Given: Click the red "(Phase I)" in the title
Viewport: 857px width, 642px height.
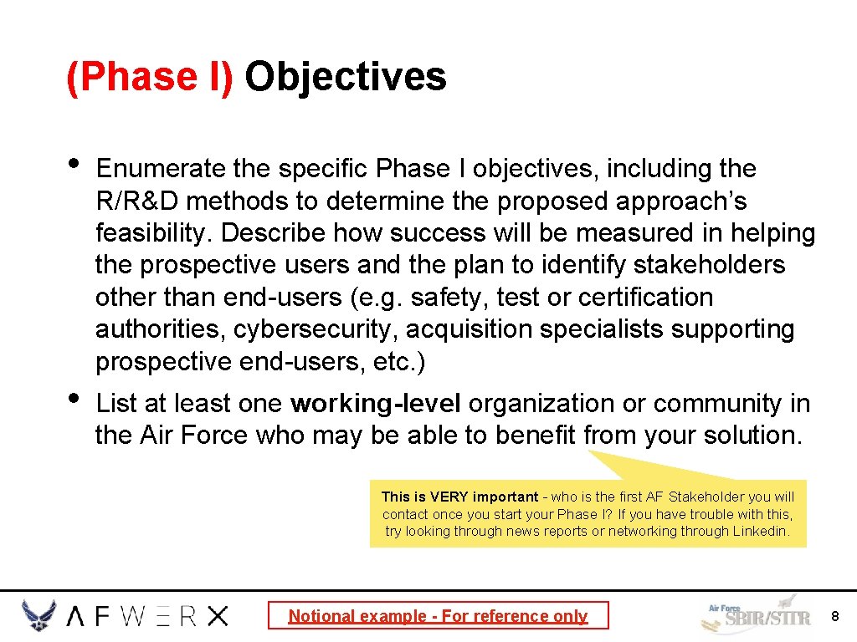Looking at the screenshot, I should click(150, 77).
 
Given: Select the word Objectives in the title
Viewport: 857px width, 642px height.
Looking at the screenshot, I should click(346, 77).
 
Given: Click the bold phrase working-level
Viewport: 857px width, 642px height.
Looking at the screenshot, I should click(375, 404).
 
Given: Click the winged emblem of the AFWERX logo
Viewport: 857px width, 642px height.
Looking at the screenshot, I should click(39, 616).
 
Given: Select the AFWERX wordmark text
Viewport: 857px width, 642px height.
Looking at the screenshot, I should click(147, 617).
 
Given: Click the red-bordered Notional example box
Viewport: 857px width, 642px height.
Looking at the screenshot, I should click(438, 616).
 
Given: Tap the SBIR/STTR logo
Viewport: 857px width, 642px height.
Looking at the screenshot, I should click(756, 616).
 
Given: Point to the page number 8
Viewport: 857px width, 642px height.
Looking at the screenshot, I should click(834, 616).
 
